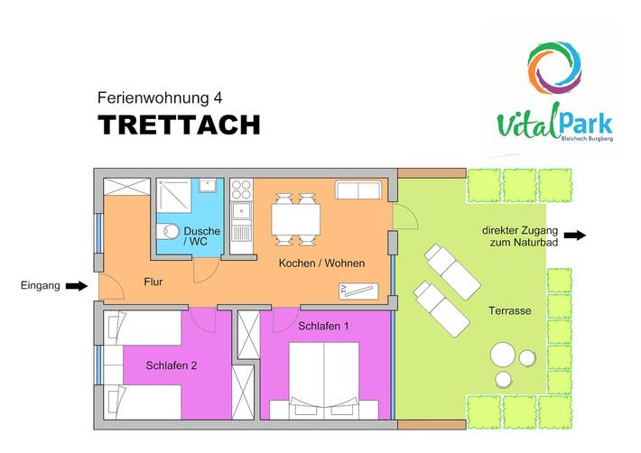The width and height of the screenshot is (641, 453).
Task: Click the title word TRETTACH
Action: [x=179, y=125]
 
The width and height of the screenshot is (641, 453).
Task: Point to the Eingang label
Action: [x=40, y=286]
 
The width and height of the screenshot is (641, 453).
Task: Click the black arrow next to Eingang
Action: [x=78, y=286]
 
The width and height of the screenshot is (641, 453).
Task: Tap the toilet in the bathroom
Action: [x=165, y=233]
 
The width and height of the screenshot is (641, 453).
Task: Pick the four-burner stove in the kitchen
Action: [x=241, y=190]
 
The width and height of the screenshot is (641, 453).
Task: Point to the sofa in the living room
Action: [x=359, y=190]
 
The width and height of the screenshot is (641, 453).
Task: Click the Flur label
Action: [x=153, y=282]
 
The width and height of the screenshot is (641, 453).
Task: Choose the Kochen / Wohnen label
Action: [x=321, y=263]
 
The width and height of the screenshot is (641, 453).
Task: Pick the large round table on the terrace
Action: [x=501, y=355]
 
